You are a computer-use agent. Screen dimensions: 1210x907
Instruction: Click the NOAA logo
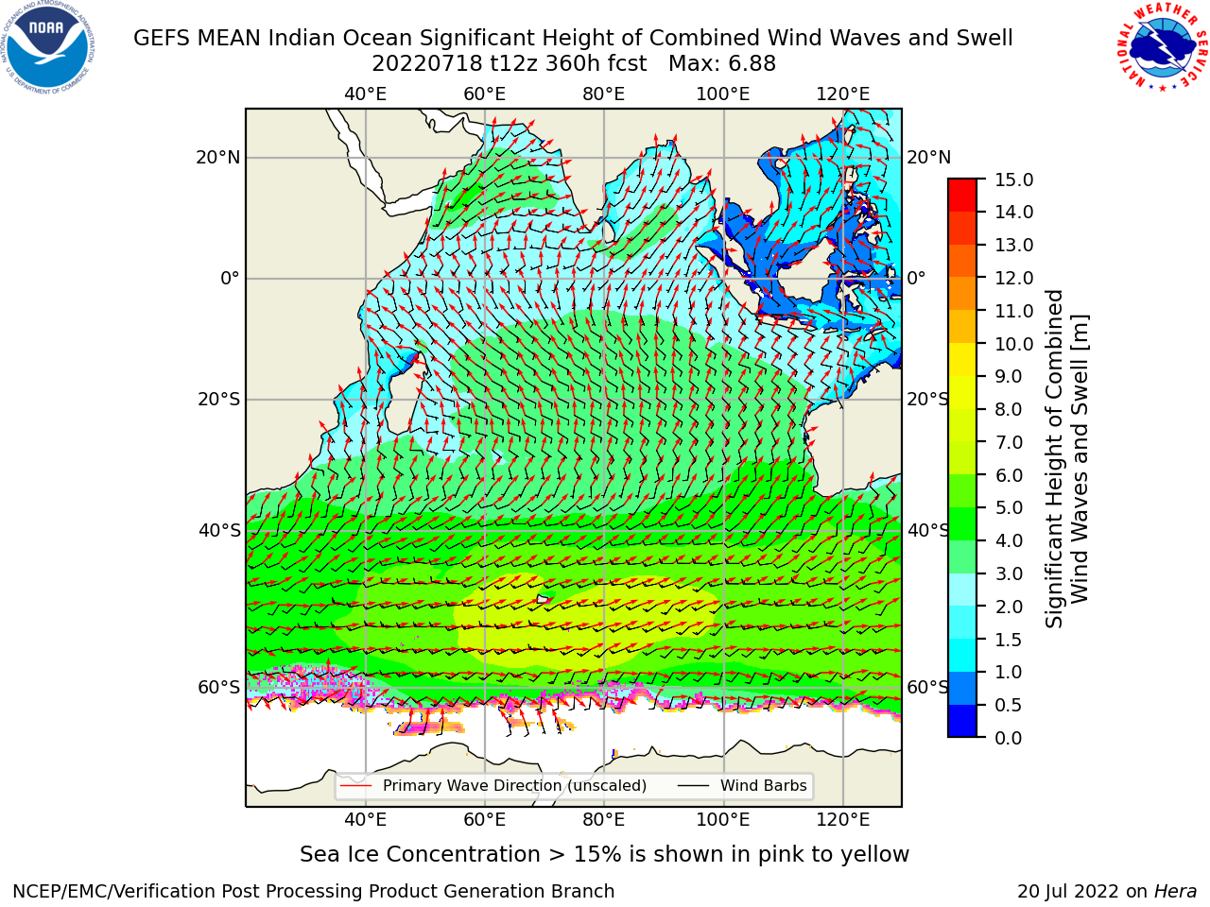[47, 47]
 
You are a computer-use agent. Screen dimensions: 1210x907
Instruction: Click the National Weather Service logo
[1162, 47]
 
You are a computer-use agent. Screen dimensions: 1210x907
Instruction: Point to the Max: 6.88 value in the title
[722, 64]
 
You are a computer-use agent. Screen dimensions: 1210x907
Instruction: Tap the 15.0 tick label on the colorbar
[1014, 180]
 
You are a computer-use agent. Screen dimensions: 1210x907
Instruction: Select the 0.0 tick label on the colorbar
[1009, 738]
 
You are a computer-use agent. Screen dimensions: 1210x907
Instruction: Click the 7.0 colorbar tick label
[1009, 442]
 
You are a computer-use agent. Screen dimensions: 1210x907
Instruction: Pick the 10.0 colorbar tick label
[1014, 344]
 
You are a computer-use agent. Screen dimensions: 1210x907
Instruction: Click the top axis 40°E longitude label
[366, 94]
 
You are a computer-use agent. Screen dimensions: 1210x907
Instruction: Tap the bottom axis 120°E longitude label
[843, 819]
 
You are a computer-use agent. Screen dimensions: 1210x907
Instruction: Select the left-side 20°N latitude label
[218, 158]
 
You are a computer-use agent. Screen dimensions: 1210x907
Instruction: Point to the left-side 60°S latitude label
[219, 687]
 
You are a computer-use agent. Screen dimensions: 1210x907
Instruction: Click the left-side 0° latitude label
[230, 278]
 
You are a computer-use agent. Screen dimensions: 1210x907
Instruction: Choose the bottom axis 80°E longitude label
[604, 819]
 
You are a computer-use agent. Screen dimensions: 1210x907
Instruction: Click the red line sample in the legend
[355, 785]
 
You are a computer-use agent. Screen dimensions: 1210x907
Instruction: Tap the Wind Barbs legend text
[764, 785]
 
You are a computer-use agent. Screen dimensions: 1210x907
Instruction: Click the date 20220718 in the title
[427, 64]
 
